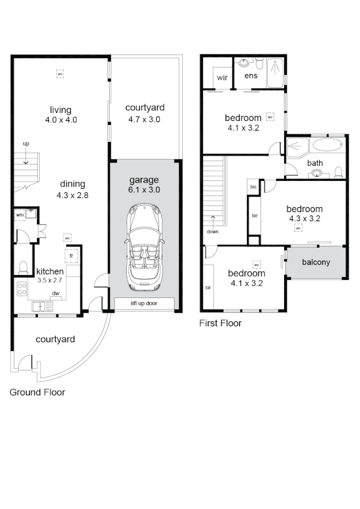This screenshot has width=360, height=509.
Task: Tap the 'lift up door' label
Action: click(x=144, y=304)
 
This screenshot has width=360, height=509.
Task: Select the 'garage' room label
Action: click(x=144, y=180)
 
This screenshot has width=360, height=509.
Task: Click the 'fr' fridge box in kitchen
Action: click(x=72, y=256)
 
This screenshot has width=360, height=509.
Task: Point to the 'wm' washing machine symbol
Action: click(x=20, y=215)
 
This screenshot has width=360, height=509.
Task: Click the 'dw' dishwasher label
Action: click(x=56, y=293)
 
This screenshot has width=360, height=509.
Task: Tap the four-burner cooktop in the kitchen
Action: click(x=23, y=289)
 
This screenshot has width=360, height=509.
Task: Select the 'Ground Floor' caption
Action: click(x=37, y=392)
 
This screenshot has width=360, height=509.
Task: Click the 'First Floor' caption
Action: click(x=220, y=323)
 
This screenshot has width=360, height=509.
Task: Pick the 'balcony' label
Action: click(x=316, y=262)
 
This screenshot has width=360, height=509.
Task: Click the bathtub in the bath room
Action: click(x=327, y=145)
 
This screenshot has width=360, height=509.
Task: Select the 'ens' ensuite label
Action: click(x=251, y=76)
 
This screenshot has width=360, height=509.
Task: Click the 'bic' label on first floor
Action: click(x=254, y=187)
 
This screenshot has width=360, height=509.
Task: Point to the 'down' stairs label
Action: click(x=213, y=231)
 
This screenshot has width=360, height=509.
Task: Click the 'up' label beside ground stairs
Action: click(x=26, y=144)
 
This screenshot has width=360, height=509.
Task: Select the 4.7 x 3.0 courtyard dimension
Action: click(x=145, y=119)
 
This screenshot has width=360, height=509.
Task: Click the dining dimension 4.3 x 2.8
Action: click(x=72, y=195)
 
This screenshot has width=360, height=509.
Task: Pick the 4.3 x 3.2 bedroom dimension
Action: click(x=305, y=218)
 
